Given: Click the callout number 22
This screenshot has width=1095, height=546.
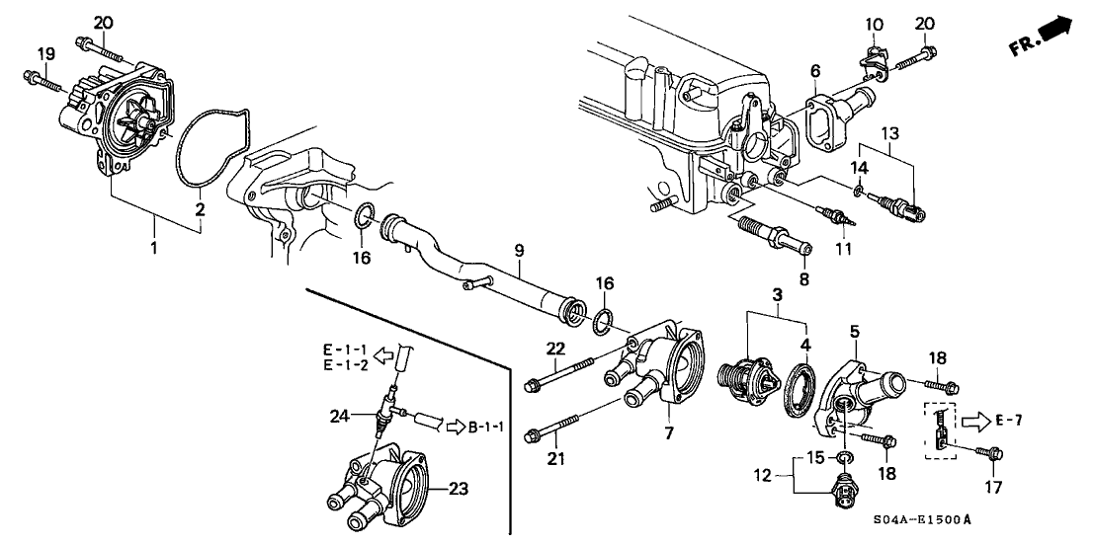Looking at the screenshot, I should pyautogui.click(x=554, y=348).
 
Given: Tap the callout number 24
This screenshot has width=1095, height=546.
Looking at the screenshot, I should pyautogui.click(x=341, y=416).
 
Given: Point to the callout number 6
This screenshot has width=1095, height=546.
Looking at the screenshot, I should pyautogui.click(x=815, y=71).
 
